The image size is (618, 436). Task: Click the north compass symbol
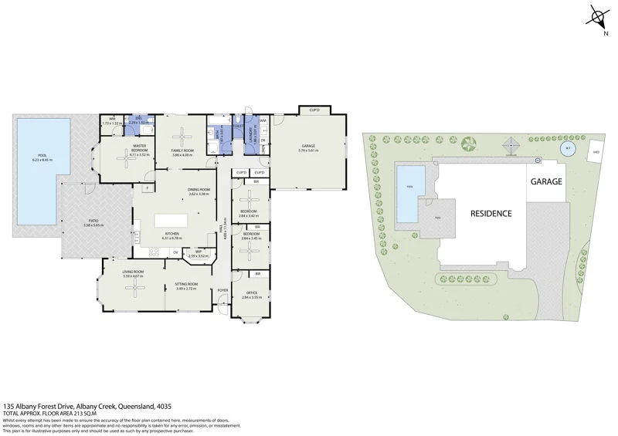tap(598, 17)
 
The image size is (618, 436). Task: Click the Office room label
tap(252, 292)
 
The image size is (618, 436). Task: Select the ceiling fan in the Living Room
tap(134, 287)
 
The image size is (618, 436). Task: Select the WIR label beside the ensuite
tap(112, 118)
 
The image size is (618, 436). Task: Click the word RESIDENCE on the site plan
tap(491, 213)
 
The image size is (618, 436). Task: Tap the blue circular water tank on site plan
tap(568, 147)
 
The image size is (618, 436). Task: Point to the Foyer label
tap(223, 290)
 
